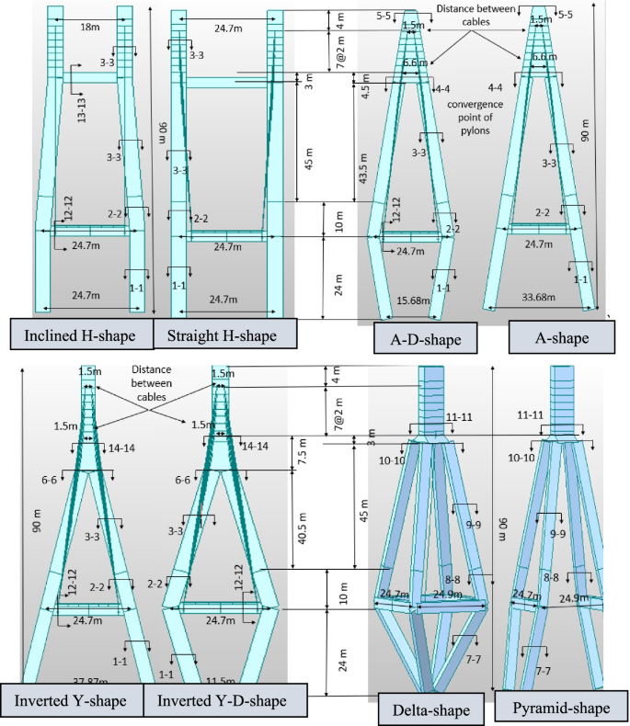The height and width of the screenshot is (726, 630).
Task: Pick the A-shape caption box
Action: click(x=561, y=338)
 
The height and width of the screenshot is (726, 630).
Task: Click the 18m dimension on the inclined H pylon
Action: click(x=89, y=28)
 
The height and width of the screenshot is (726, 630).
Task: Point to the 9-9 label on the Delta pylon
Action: click(x=475, y=525)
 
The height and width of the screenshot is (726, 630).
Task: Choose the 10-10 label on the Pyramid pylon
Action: click(x=521, y=457)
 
